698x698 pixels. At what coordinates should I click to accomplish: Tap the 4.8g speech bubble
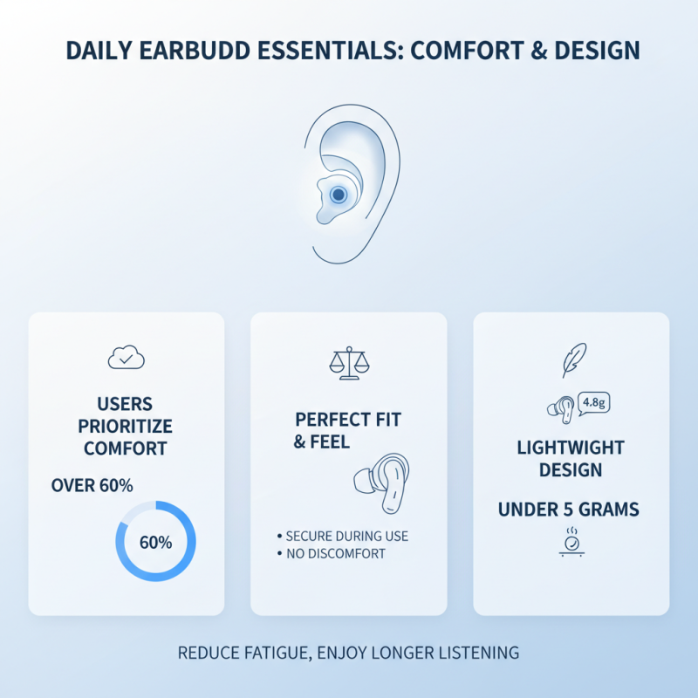592,402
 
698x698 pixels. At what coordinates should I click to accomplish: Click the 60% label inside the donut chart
155,542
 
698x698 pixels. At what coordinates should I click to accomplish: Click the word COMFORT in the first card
127,449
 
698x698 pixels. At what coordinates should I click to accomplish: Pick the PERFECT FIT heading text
348,420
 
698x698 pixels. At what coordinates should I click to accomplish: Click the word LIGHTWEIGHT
571,448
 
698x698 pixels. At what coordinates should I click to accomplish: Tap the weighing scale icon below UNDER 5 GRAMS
571,541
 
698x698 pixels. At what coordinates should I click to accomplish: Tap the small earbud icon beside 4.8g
558,407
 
